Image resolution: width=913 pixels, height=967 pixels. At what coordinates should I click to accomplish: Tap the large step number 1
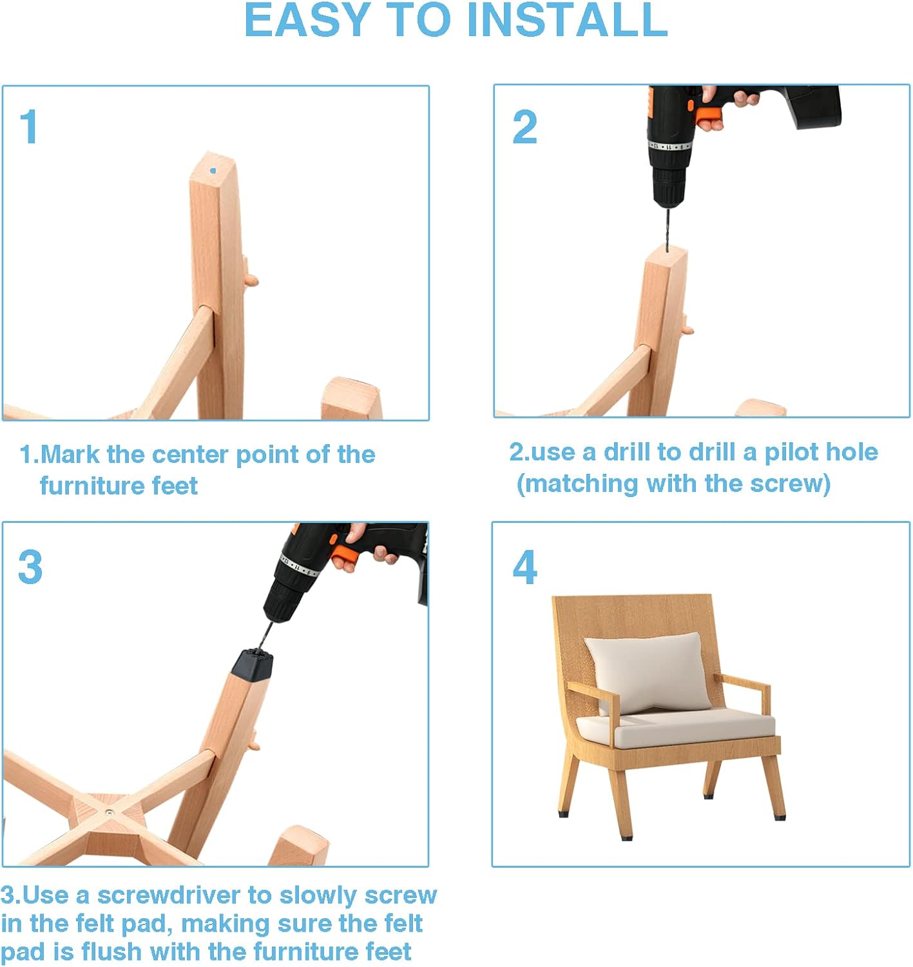(x=30, y=126)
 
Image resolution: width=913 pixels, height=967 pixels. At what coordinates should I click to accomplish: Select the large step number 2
(x=524, y=126)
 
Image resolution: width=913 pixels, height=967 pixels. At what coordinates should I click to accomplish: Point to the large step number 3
(x=30, y=567)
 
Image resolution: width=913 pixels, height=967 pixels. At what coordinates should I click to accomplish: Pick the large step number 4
(x=524, y=567)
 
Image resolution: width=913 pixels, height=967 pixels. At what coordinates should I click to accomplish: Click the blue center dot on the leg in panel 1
(x=213, y=170)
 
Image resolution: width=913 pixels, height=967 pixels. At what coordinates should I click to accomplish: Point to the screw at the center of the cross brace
(x=108, y=812)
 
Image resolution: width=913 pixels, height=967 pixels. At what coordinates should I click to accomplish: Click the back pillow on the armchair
(x=642, y=673)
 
